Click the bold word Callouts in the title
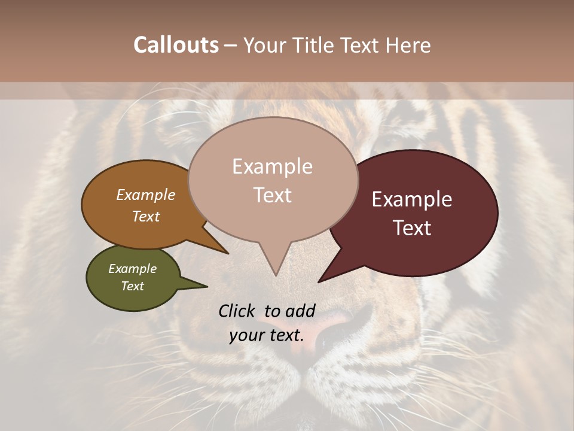click(x=176, y=45)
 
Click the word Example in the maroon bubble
click(x=412, y=200)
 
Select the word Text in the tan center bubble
click(x=273, y=195)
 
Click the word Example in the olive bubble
click(x=132, y=269)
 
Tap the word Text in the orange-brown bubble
click(x=146, y=217)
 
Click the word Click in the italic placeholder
click(x=237, y=311)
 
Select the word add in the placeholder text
click(x=300, y=311)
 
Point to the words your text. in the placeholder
click(x=267, y=335)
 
